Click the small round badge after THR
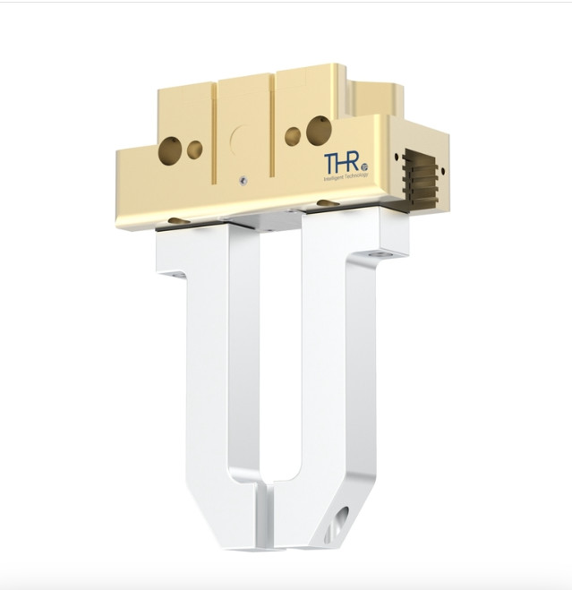click(365, 170)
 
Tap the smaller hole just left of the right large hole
click(292, 136)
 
